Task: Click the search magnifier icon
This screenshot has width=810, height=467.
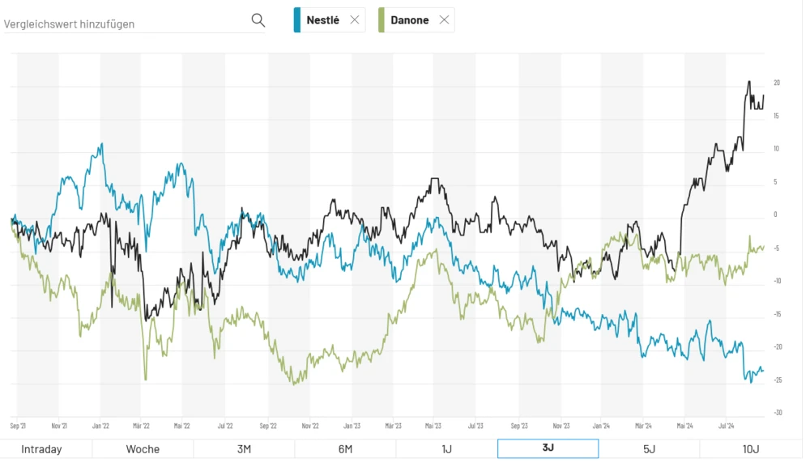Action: click(258, 20)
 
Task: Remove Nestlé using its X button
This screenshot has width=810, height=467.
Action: click(354, 20)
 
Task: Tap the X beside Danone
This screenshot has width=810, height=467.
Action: click(444, 20)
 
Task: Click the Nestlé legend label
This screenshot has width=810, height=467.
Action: click(322, 20)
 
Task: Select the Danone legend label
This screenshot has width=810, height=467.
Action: click(410, 20)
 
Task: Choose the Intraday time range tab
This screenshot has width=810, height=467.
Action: click(41, 449)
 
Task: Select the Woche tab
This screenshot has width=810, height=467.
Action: click(143, 449)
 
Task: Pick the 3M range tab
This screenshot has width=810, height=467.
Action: click(244, 449)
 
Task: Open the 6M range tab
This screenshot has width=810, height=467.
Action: click(345, 449)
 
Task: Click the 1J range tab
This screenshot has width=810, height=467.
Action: click(446, 449)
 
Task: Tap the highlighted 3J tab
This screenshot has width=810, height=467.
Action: click(548, 449)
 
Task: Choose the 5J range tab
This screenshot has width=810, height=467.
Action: click(649, 449)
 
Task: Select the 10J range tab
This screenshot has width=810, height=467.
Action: click(751, 449)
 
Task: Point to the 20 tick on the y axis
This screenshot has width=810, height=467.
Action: click(777, 83)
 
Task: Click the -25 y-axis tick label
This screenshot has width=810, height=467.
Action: click(777, 380)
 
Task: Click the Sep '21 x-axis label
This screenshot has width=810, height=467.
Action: click(18, 425)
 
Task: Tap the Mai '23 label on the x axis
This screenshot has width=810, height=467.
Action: click(433, 425)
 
